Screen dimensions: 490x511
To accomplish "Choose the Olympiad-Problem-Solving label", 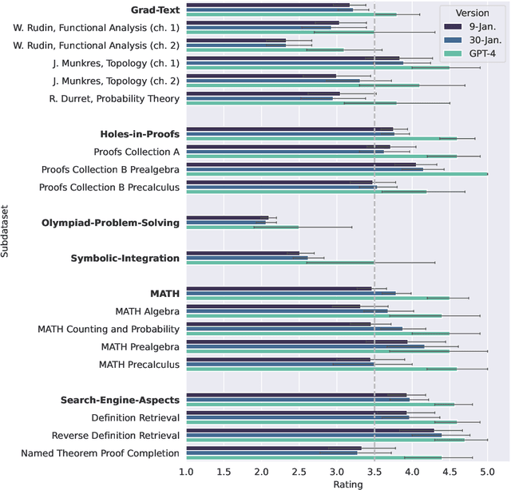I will click(x=111, y=223).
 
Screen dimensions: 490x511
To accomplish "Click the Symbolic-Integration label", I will click(x=125, y=258).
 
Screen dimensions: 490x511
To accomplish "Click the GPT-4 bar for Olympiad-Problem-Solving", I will click(x=243, y=227).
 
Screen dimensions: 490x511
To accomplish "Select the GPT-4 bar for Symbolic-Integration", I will click(x=280, y=262).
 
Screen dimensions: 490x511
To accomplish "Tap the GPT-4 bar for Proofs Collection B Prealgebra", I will click(x=336, y=173).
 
